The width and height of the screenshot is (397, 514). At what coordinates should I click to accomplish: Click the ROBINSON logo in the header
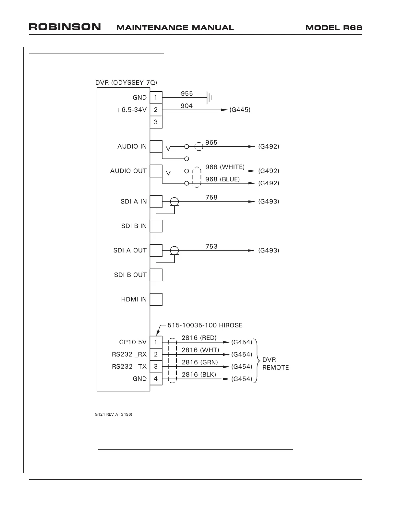pos(65,27)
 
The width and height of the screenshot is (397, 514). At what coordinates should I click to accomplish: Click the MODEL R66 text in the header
pos(333,28)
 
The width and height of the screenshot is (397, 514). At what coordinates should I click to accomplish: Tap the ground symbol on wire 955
pos(209,97)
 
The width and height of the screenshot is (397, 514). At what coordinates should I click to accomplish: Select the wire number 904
pos(186,106)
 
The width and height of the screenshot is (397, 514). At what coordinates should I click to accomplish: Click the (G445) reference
pos(240,110)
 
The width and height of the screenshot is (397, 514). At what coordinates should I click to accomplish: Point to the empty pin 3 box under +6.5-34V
pos(156,122)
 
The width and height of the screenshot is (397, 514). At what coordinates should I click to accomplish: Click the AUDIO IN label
pos(132,146)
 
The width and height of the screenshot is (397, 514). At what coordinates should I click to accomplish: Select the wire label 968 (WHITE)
pos(225,167)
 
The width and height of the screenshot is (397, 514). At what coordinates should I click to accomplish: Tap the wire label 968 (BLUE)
pos(223,179)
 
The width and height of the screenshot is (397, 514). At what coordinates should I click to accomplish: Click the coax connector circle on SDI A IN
pos(174,202)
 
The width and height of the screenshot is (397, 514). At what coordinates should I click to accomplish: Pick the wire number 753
pos(211,246)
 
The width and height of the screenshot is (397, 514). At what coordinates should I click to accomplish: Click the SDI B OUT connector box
pos(156,275)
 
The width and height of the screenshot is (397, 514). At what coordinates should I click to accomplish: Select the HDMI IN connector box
pos(156,299)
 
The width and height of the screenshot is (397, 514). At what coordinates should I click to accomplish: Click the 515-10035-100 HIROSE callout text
pos(205,325)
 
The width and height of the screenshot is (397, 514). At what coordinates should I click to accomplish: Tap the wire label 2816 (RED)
pos(199,338)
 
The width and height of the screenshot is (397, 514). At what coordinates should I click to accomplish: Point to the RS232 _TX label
pos(129,366)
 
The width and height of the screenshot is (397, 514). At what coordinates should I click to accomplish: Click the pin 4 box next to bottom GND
pos(156,379)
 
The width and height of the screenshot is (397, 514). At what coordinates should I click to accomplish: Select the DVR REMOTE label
pos(275,364)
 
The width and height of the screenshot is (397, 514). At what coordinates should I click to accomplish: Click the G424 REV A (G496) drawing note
pos(114,415)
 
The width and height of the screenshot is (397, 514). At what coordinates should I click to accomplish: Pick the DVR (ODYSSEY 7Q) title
pos(126,82)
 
